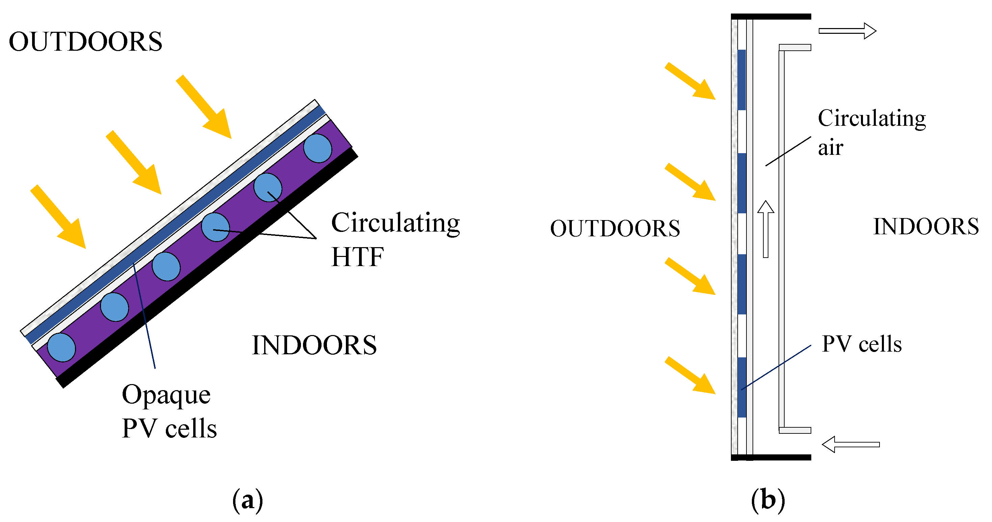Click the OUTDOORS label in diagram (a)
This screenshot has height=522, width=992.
pyautogui.click(x=85, y=42)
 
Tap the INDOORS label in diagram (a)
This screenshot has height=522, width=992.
pyautogui.click(x=314, y=345)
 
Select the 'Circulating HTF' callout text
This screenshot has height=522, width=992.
pyautogui.click(x=395, y=239)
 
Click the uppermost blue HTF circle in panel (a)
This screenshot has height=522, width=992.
pyautogui.click(x=317, y=148)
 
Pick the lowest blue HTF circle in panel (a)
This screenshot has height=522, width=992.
pyautogui.click(x=61, y=347)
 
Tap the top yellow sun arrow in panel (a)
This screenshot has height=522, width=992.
pyautogui.click(x=204, y=107)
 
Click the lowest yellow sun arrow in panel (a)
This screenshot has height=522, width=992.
pyautogui.click(x=58, y=217)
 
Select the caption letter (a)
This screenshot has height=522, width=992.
pyautogui.click(x=248, y=500)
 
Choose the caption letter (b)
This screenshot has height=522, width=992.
pyautogui.click(x=768, y=500)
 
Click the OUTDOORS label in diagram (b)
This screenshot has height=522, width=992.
pyautogui.click(x=615, y=228)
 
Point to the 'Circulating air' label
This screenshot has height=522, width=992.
pyautogui.click(x=871, y=132)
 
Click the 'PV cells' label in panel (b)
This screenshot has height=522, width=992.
pyautogui.click(x=861, y=344)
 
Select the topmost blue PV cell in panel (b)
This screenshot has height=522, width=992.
pyautogui.click(x=741, y=80)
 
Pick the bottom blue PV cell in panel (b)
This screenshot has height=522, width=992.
pyautogui.click(x=742, y=387)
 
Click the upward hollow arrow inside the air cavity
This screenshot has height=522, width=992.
pyautogui.click(x=766, y=229)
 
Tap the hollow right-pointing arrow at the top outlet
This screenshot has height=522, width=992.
pyautogui.click(x=847, y=31)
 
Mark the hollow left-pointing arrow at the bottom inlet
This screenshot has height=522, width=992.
pyautogui.click(x=851, y=444)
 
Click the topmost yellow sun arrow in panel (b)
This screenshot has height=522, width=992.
pyautogui.click(x=690, y=81)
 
